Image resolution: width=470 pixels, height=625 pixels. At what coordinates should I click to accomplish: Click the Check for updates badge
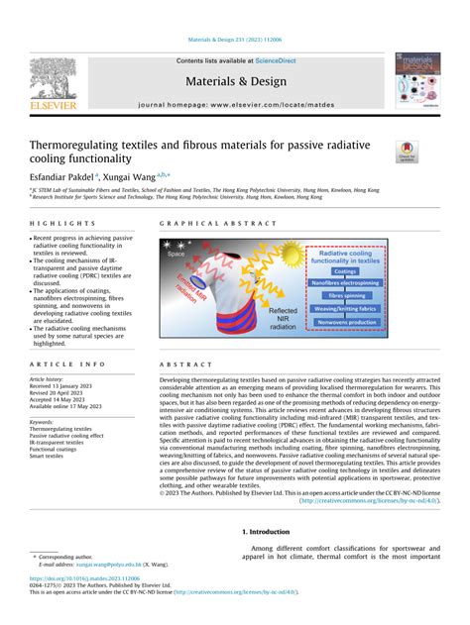pos(408,152)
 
